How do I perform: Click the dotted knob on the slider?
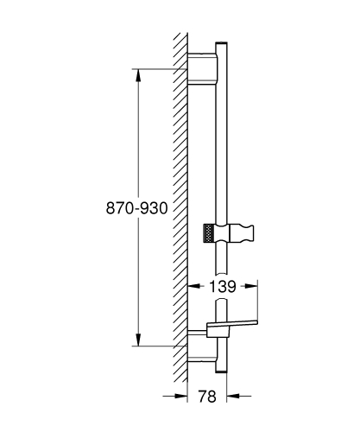pyautogui.click(x=206, y=233)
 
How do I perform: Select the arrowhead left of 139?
pyautogui.click(x=193, y=285)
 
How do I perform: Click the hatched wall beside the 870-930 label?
pyautogui.click(x=180, y=208)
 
